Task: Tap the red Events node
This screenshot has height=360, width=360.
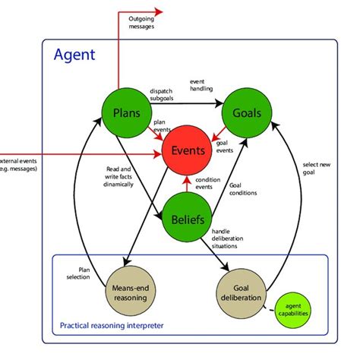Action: [x=188, y=150]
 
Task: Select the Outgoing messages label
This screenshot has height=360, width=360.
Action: [x=141, y=22]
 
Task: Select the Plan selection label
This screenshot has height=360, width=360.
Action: [x=84, y=272]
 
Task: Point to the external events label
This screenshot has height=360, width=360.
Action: [x=18, y=164]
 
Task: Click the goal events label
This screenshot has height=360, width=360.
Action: [x=226, y=146]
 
